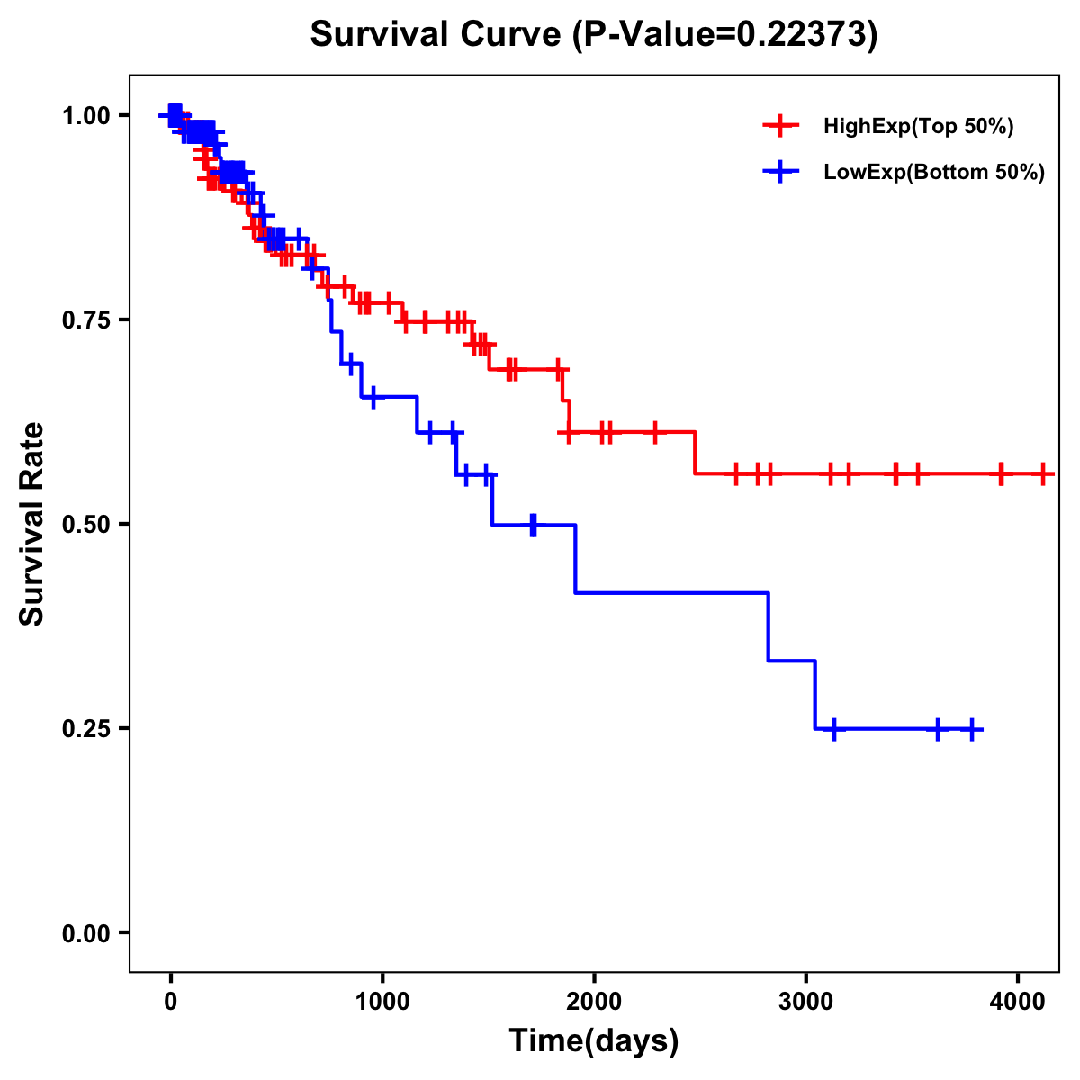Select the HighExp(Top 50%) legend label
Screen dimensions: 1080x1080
point(918,127)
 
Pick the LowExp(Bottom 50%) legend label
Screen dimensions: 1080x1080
point(934,173)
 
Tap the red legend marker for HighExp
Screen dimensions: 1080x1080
point(780,127)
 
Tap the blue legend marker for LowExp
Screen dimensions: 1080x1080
point(780,173)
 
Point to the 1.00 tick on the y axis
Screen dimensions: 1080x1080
point(85,116)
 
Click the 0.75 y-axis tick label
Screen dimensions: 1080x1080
point(85,320)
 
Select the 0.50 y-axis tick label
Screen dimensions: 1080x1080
point(85,525)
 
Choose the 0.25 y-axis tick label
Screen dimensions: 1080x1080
point(85,729)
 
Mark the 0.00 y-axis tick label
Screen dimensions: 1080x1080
point(85,933)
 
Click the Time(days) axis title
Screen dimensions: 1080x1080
point(594,1041)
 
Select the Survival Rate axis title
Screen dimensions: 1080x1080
point(32,524)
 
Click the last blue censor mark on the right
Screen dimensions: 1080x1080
point(972,729)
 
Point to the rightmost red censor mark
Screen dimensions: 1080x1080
point(1043,473)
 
